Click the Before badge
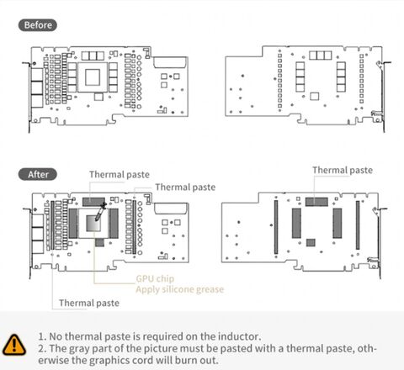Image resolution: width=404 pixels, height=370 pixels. click(38, 25)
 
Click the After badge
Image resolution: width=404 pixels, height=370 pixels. click(38, 174)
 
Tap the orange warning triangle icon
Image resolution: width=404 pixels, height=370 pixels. click(14, 345)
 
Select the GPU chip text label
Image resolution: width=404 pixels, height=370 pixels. click(155, 278)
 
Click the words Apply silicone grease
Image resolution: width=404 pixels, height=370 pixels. click(180, 289)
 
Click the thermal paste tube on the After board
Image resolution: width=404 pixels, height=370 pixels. click(100, 212)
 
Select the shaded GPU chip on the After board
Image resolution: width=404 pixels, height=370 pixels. click(93, 223)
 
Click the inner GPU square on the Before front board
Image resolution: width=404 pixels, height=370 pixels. click(93, 77)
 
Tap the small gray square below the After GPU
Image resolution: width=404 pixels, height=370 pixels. click(99, 242)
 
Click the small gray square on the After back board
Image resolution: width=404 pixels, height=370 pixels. click(311, 243)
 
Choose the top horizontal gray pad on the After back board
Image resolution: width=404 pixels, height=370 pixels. click(316, 202)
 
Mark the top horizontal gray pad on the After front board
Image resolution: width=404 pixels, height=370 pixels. click(93, 202)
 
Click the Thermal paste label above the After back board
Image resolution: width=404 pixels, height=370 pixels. click(343, 170)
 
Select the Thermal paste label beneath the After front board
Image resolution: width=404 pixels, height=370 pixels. click(89, 303)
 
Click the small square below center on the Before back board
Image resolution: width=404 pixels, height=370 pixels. click(315, 97)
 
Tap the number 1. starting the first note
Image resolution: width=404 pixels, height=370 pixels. click(42, 336)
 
